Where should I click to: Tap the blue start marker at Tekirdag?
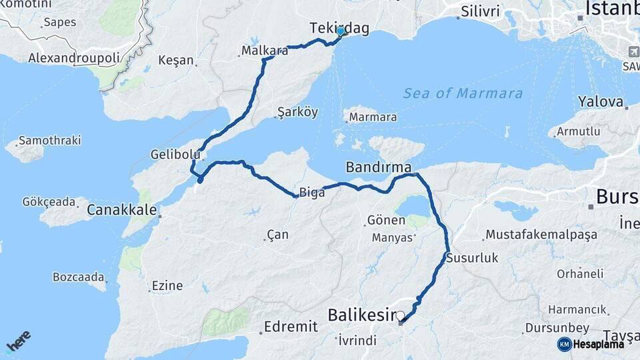(x=341, y=31)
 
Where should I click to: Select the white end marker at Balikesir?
(x=400, y=316)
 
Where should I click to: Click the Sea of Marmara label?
(x=463, y=93)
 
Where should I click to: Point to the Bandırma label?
(x=378, y=167)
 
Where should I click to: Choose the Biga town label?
(x=312, y=193)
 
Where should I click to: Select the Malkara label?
(x=265, y=51)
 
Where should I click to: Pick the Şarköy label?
(x=297, y=113)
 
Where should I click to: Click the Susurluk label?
(x=472, y=258)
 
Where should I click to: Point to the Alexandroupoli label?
(x=74, y=59)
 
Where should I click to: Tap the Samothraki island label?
(x=49, y=141)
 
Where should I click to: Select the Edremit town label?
(x=291, y=327)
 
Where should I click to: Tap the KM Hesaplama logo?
(x=591, y=344)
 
